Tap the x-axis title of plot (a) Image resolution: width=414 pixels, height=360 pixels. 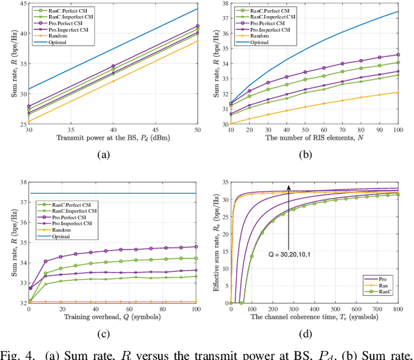(111, 138)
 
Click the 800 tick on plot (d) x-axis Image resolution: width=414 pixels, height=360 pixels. (398, 309)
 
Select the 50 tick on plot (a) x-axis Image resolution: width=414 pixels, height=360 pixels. (198, 130)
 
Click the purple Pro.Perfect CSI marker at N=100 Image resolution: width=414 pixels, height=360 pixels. (398, 54)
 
